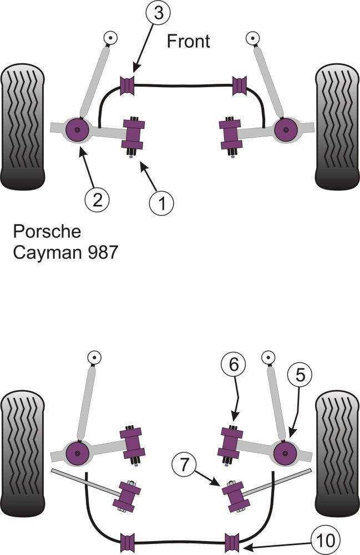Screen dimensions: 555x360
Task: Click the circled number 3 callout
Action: click(x=159, y=13)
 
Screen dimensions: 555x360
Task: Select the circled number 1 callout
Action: click(x=161, y=203)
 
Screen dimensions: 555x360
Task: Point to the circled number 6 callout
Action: click(x=233, y=365)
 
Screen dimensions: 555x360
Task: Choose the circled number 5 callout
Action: click(x=300, y=376)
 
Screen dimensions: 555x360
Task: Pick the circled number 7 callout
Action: click(x=184, y=462)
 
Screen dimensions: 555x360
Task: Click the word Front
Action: click(x=189, y=41)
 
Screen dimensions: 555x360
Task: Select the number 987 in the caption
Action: click(x=100, y=253)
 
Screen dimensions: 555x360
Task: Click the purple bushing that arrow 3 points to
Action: click(x=128, y=85)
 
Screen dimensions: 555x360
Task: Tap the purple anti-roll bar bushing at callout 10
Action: click(x=232, y=541)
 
